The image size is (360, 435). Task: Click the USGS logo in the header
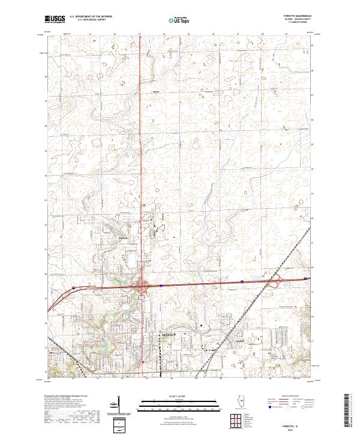tap(55, 19)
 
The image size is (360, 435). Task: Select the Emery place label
tap(154, 91)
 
